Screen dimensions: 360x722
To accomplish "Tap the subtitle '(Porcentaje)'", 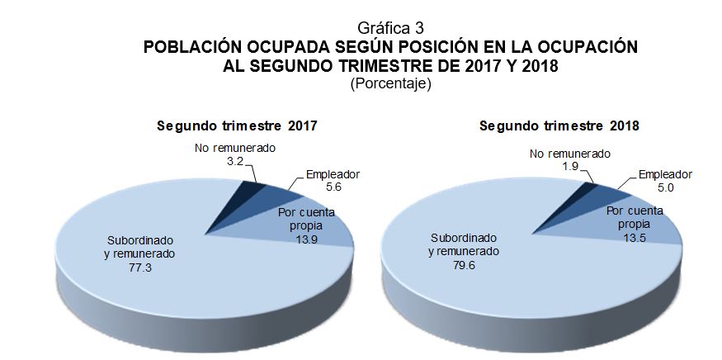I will [391, 84].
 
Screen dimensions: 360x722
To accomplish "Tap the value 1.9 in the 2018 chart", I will [569, 167].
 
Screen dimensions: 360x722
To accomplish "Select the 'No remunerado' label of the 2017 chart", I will [235, 149].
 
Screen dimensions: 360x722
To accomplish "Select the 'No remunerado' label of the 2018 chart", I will [570, 154].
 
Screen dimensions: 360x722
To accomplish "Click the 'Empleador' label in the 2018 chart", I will [665, 174].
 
